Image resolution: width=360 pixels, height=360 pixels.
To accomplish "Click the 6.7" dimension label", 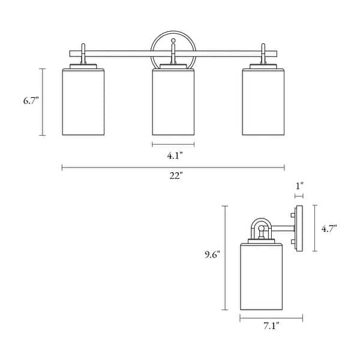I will (x=31, y=101).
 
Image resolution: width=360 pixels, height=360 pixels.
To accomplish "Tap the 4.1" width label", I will (x=175, y=155).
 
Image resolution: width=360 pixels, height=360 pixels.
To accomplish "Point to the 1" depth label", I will (x=299, y=187).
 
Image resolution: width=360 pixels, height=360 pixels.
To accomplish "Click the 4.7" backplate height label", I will (x=328, y=228).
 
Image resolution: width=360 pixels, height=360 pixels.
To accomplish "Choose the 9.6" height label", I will (x=211, y=254).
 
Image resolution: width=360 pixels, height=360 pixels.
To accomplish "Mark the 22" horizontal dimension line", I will (x=120, y=167).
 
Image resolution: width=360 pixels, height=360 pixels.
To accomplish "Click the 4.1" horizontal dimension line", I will (x=173, y=144).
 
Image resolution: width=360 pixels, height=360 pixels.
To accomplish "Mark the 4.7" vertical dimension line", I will (x=315, y=240).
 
